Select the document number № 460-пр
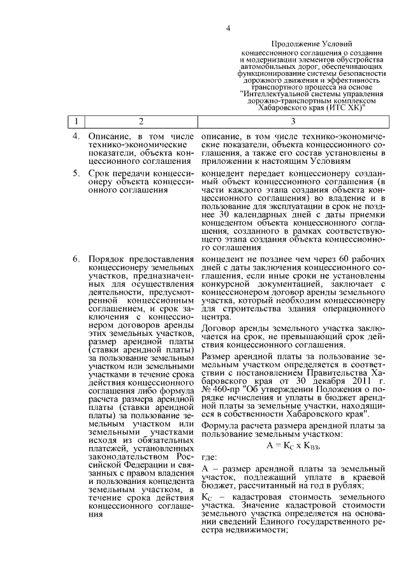[x=219, y=388]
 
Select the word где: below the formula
[x=209, y=456]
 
